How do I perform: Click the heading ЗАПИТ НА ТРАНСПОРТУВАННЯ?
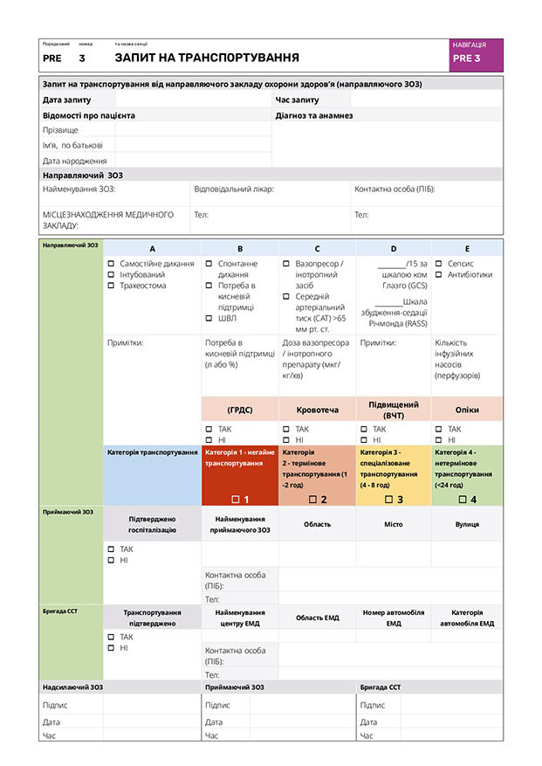pos(206,58)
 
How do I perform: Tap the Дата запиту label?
pos(67,100)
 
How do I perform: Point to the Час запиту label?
pos(298,100)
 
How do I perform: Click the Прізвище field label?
pos(59,130)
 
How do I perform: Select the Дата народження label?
pos(75,161)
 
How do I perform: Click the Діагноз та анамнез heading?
pos(313,115)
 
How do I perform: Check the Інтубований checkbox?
pos(111,274)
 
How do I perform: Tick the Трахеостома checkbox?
pos(111,286)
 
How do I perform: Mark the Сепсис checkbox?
pos(439,263)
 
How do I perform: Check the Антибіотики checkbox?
pos(439,274)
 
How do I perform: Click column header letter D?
pos(394,249)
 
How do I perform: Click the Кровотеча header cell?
pos(317,410)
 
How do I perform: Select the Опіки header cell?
pos(467,410)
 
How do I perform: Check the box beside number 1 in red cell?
pos(235,500)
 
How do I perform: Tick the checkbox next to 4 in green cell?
pos(463,500)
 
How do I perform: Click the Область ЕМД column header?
pos(318,618)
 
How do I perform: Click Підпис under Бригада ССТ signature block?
pos(373,705)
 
